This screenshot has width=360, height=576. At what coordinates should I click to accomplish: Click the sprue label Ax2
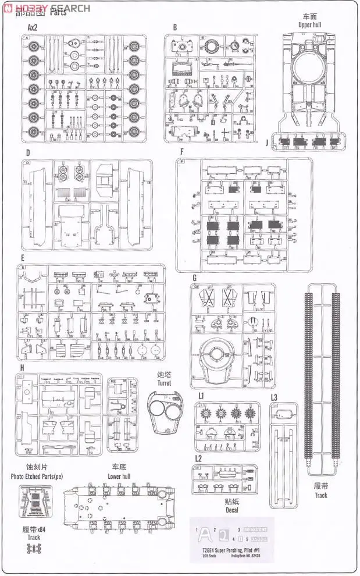click(33, 27)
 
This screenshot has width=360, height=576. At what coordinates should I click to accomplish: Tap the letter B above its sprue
click(174, 27)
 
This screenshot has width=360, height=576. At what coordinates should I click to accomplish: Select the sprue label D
click(27, 153)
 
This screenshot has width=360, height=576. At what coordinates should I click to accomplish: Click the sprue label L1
click(201, 395)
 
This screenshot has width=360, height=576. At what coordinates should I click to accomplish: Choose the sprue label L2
click(198, 458)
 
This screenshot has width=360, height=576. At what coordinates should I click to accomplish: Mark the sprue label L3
click(275, 397)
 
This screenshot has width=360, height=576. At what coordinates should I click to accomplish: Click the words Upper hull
click(309, 26)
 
